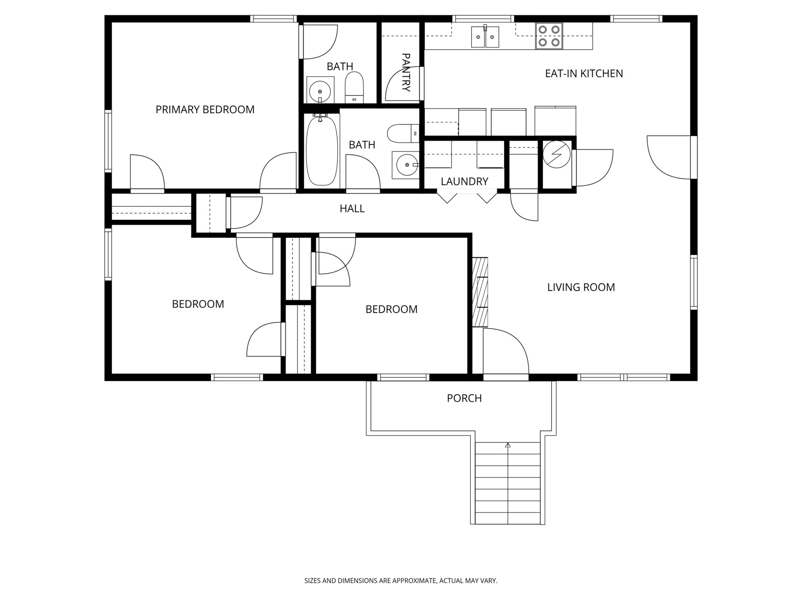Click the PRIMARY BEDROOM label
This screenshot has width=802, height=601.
click(205, 109)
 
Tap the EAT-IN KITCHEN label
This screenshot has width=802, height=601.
click(584, 73)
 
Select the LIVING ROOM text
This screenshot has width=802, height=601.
click(581, 287)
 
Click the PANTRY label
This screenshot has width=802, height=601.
click(406, 72)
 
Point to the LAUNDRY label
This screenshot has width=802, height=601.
click(464, 182)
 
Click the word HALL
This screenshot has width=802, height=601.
click(352, 208)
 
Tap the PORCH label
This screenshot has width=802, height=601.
click(464, 398)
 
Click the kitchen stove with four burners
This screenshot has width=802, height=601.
click(549, 36)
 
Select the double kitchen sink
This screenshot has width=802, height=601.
click(485, 37)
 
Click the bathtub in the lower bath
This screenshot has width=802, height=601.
click(321, 151)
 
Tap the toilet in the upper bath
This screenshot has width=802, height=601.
click(355, 87)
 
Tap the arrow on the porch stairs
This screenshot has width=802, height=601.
click(508, 446)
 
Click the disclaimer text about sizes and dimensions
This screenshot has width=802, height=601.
click(401, 581)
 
